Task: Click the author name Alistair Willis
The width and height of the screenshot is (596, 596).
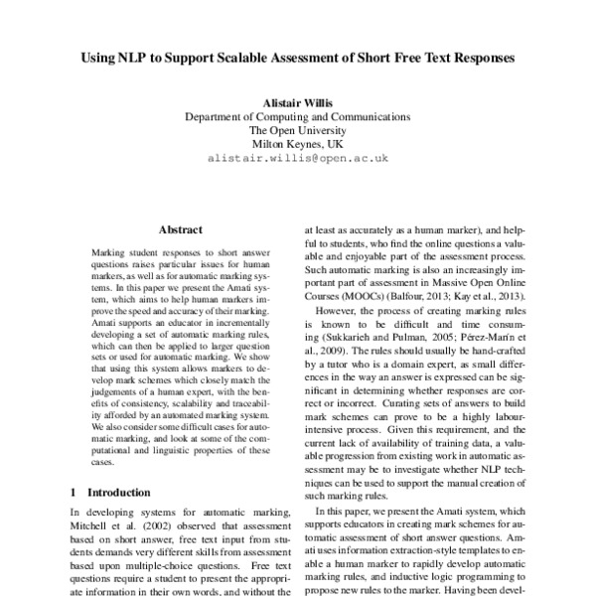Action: click(298, 101)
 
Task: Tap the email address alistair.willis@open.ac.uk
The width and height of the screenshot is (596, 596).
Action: click(298, 158)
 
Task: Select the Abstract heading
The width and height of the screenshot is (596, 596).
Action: click(180, 228)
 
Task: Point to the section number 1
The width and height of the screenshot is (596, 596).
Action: click(74, 492)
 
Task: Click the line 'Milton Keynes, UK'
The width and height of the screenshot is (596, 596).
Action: click(298, 143)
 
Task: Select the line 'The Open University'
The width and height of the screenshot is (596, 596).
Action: click(298, 129)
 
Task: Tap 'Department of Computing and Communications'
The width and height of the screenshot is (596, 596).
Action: click(298, 115)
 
